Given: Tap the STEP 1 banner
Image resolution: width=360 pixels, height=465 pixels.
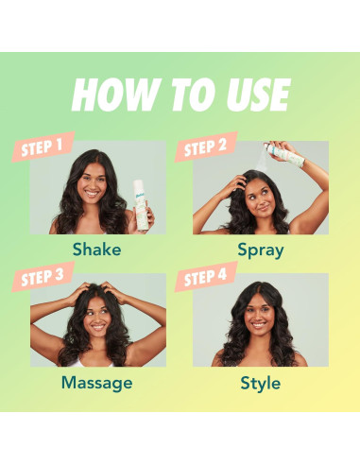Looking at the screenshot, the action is [x=43, y=146].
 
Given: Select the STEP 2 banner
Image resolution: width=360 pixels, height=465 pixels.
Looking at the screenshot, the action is [x=206, y=146].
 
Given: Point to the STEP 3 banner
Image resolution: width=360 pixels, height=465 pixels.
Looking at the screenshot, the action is [x=43, y=277].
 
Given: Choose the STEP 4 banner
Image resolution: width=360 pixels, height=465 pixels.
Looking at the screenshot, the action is [x=206, y=277].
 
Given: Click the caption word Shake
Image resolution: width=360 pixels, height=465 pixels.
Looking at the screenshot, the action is [x=96, y=250].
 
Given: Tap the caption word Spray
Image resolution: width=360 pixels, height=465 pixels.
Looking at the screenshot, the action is [x=261, y=250].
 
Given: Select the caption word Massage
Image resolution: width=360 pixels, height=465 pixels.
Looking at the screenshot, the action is [x=96, y=384].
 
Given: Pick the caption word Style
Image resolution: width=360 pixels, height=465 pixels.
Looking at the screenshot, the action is [x=261, y=384].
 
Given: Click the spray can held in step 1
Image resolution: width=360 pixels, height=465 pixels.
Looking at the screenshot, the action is [x=140, y=205].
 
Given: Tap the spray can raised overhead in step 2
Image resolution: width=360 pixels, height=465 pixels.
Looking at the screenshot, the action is [x=284, y=154].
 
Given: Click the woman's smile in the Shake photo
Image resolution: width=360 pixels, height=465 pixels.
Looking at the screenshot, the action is [x=92, y=193].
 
